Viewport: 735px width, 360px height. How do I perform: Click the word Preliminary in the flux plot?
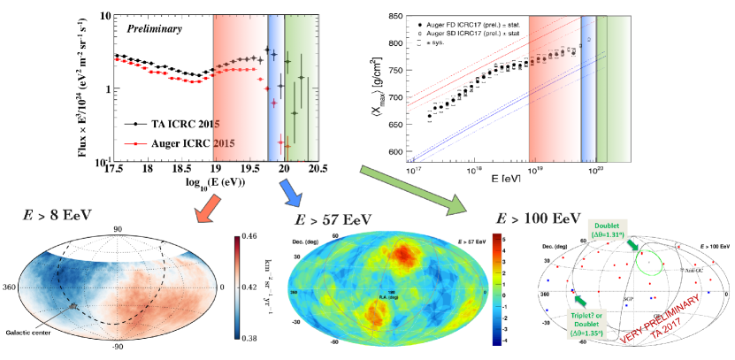[155, 29]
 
